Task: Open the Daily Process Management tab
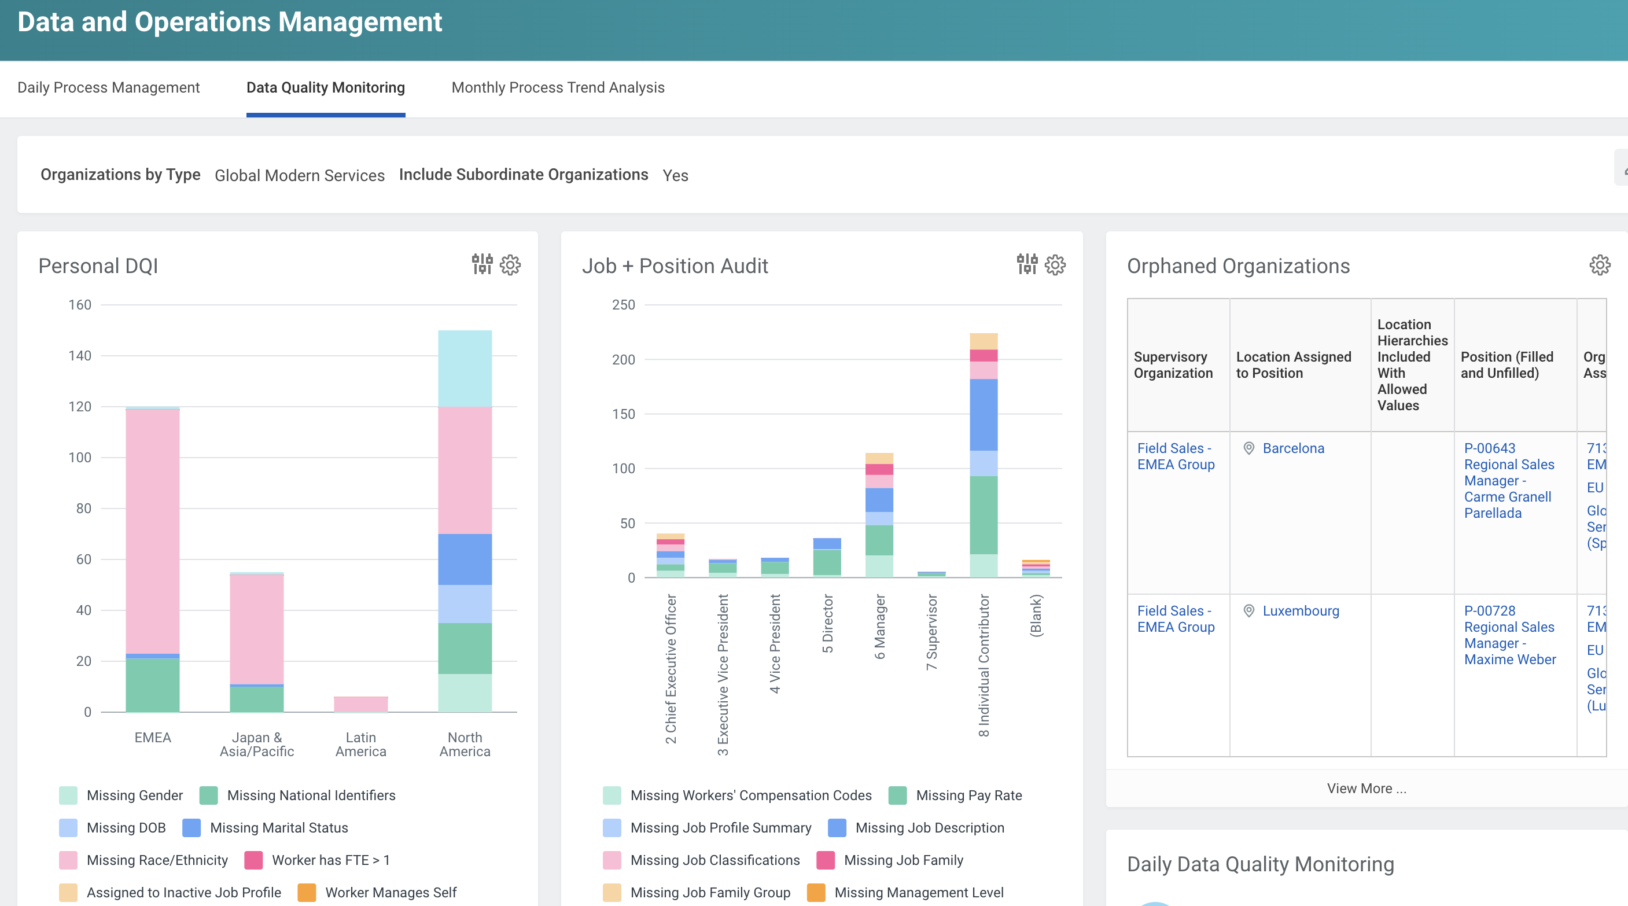pyautogui.click(x=108, y=88)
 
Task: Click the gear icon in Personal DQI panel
pyautogui.click(x=510, y=266)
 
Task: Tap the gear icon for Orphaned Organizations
pyautogui.click(x=1600, y=266)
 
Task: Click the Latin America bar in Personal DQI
pyautogui.click(x=361, y=704)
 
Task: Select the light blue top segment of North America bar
pyautogui.click(x=465, y=368)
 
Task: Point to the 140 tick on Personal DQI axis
pyautogui.click(x=80, y=356)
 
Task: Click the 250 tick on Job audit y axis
pyautogui.click(x=623, y=304)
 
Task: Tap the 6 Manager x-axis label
pyautogui.click(x=880, y=627)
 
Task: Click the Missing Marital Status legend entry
pyautogui.click(x=278, y=828)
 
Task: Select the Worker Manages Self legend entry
pyautogui.click(x=390, y=892)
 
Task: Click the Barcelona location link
pyautogui.click(x=1293, y=448)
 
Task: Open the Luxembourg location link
pyautogui.click(x=1300, y=611)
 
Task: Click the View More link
pyautogui.click(x=1366, y=789)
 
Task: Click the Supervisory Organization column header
pyautogui.click(x=1172, y=365)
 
